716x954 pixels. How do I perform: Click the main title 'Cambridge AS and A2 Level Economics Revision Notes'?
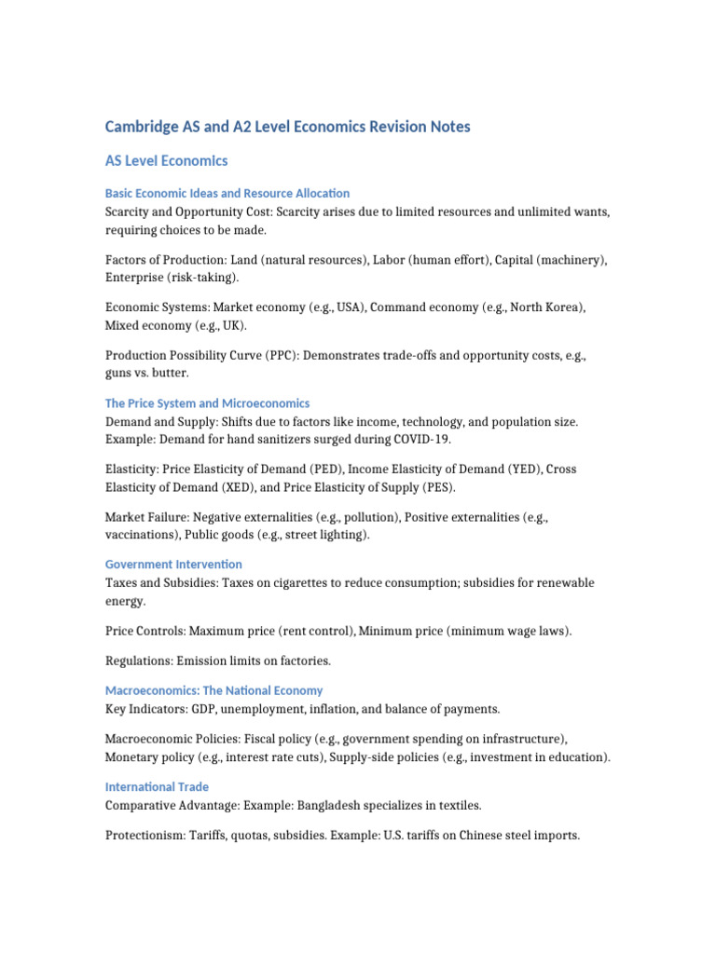[x=287, y=126]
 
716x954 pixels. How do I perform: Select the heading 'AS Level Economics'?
[x=166, y=161]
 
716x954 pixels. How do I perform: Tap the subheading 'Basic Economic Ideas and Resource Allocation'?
[x=227, y=193]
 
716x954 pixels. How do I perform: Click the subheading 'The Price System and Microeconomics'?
[x=207, y=403]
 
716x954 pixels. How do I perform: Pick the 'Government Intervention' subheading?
[x=173, y=564]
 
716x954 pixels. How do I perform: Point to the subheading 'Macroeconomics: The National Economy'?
[x=213, y=690]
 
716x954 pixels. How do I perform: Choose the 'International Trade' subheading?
[x=157, y=786]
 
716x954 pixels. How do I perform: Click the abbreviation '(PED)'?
[x=321, y=470]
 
